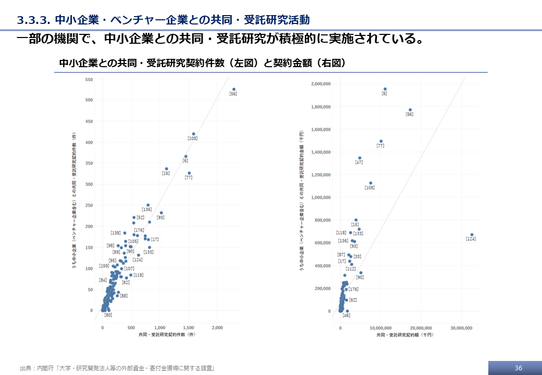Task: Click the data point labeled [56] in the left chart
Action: pyautogui.click(x=234, y=89)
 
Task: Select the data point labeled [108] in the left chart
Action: pyautogui.click(x=193, y=134)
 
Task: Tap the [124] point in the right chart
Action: pyautogui.click(x=472, y=234)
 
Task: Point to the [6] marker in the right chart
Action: pyautogui.click(x=385, y=89)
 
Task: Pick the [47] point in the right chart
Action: pyautogui.click(x=360, y=158)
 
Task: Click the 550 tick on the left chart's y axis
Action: pyautogui.click(x=89, y=79)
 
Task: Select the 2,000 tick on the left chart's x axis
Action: pyautogui.click(x=217, y=328)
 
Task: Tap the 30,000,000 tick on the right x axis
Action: pyautogui.click(x=461, y=328)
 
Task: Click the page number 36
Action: pyautogui.click(x=518, y=368)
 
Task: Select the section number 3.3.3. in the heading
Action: pyautogui.click(x=33, y=20)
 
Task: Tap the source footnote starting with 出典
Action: pyautogui.click(x=117, y=368)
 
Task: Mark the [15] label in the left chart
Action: pyautogui.click(x=166, y=173)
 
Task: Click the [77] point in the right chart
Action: pyautogui.click(x=381, y=141)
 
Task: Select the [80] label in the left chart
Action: pyautogui.click(x=108, y=315)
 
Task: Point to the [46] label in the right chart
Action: pyautogui.click(x=347, y=315)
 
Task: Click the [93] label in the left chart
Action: pyautogui.click(x=161, y=217)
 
